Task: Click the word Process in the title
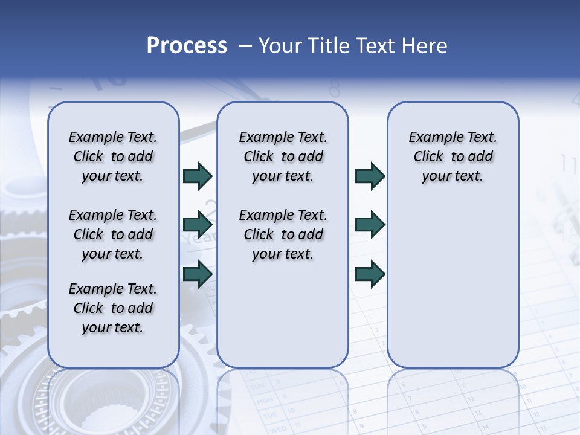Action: [x=187, y=46]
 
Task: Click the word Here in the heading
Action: [x=425, y=46]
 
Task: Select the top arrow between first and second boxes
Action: [x=198, y=176]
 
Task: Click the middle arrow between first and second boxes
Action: [x=198, y=225]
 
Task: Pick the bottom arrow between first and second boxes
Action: [x=198, y=274]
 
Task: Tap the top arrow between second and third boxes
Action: [x=370, y=176]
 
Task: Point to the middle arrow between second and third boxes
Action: [x=370, y=225]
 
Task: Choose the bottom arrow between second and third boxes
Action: [x=370, y=274]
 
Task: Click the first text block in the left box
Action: [x=113, y=156]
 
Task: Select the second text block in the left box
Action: [x=113, y=234]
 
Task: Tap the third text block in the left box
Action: [x=113, y=308]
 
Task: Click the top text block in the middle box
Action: [x=283, y=156]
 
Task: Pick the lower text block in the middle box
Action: [x=283, y=234]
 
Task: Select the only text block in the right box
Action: [x=453, y=156]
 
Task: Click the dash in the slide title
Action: [x=245, y=47]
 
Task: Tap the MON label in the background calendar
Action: [x=265, y=400]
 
